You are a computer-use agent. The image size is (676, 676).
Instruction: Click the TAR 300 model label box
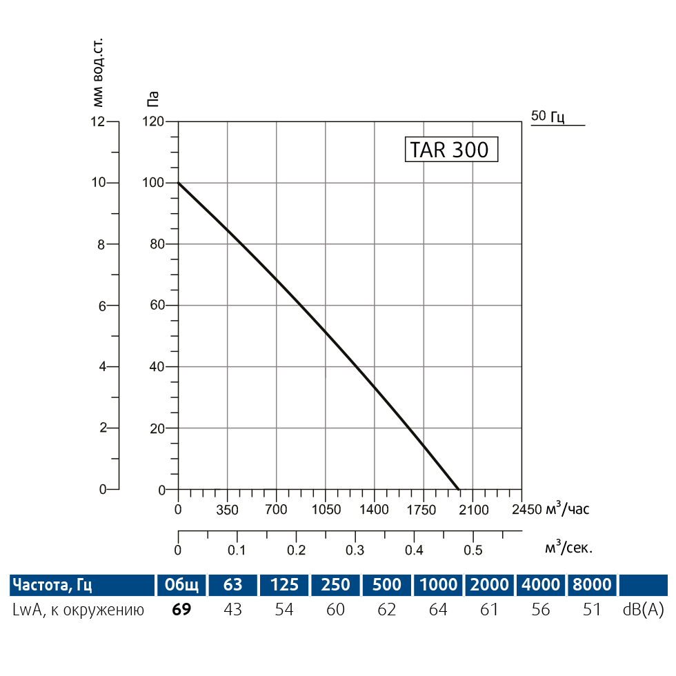click(450, 150)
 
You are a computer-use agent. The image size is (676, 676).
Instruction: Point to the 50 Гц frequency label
click(548, 116)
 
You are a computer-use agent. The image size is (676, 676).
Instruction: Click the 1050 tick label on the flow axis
click(326, 510)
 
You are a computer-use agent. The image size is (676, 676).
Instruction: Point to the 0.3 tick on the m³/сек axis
click(355, 550)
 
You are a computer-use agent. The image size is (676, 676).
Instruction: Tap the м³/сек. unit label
click(568, 548)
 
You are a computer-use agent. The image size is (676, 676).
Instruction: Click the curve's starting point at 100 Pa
click(179, 183)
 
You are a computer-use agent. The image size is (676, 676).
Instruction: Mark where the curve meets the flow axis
click(459, 489)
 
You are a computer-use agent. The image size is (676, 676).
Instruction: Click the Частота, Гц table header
click(52, 585)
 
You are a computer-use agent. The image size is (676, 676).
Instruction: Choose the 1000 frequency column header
click(439, 585)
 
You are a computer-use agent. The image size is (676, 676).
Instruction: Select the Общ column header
click(181, 585)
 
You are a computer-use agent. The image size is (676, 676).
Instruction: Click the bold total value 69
click(181, 610)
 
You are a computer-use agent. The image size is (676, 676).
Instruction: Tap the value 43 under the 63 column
click(233, 610)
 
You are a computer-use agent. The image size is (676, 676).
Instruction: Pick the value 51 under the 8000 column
click(591, 610)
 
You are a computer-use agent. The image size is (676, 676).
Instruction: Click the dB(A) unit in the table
click(643, 610)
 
